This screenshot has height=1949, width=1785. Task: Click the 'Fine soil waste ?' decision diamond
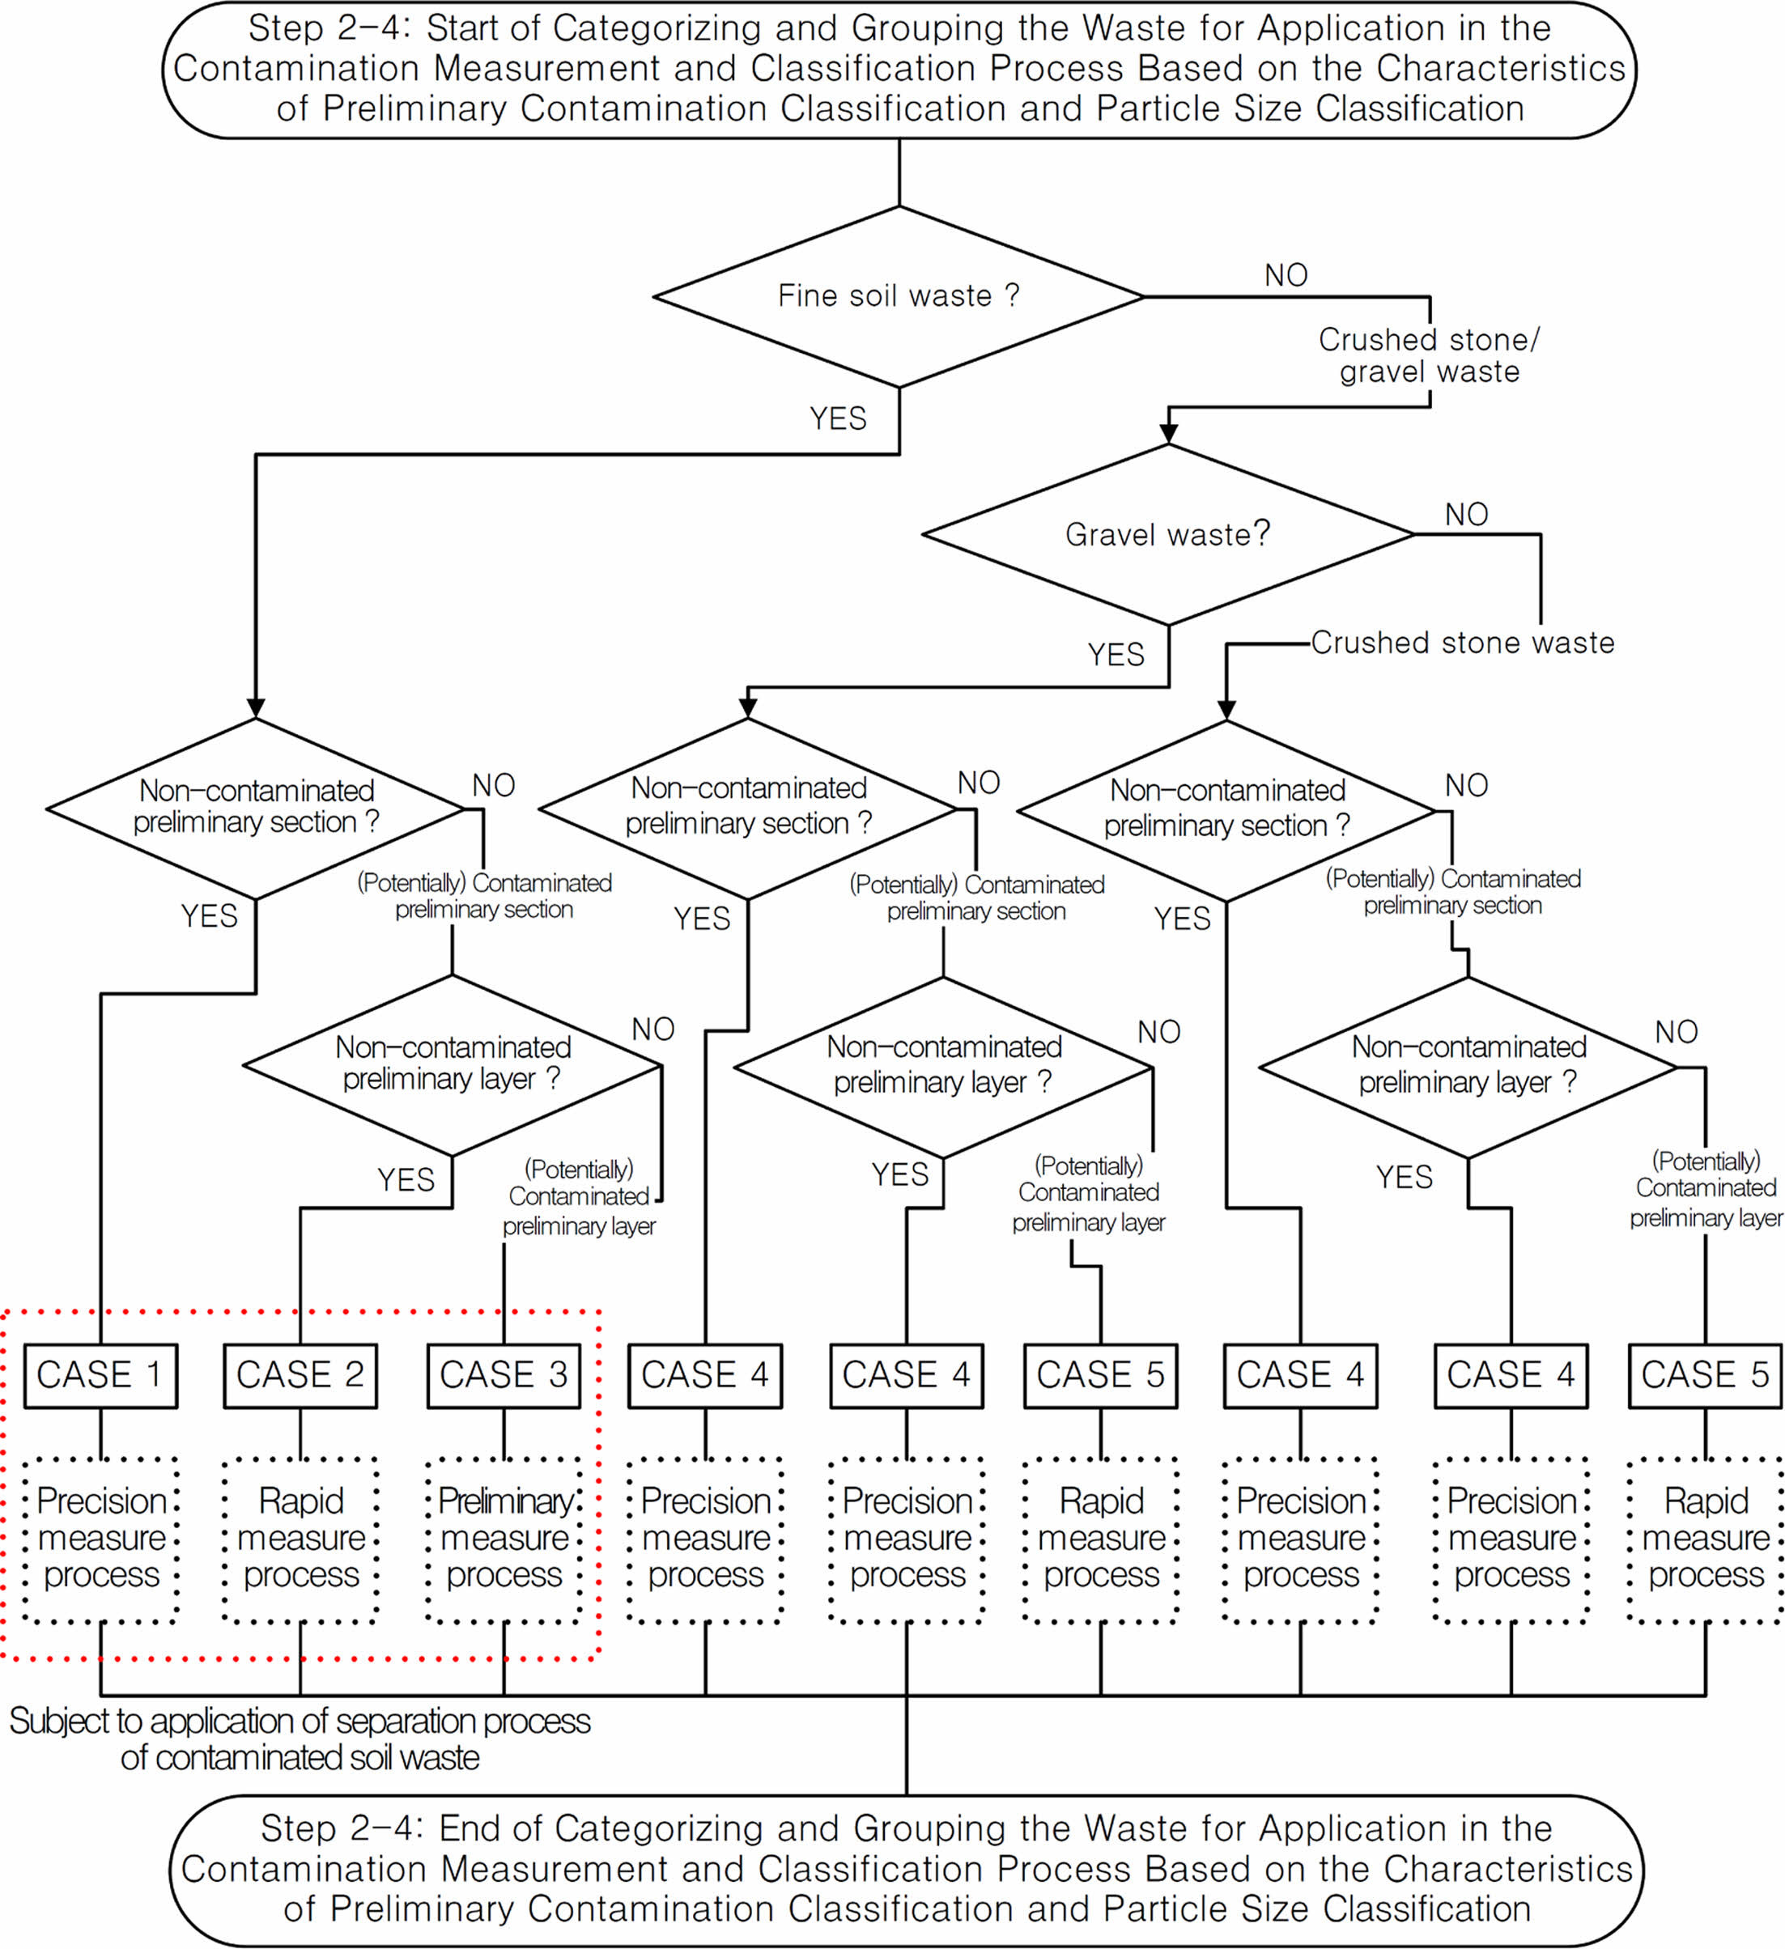tap(899, 296)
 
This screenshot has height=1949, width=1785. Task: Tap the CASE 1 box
tap(100, 1374)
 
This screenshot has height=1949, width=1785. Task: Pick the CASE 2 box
tap(300, 1374)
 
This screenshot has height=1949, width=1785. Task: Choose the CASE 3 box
tap(504, 1374)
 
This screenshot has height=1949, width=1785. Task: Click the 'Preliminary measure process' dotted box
tap(504, 1539)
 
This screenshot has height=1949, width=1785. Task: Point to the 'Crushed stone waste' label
tap(1462, 643)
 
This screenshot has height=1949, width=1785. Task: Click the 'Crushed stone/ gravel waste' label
tap(1429, 355)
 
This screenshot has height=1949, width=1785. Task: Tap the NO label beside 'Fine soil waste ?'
tap(1286, 275)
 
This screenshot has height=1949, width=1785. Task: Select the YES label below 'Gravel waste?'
tap(1116, 655)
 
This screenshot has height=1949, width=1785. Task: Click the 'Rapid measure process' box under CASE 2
tap(300, 1539)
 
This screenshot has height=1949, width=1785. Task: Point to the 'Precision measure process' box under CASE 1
tap(100, 1539)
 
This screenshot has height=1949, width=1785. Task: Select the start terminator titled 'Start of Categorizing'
tap(899, 70)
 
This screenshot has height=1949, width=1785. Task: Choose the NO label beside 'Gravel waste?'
tap(1466, 514)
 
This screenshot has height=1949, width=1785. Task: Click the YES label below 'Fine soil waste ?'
tap(837, 418)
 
